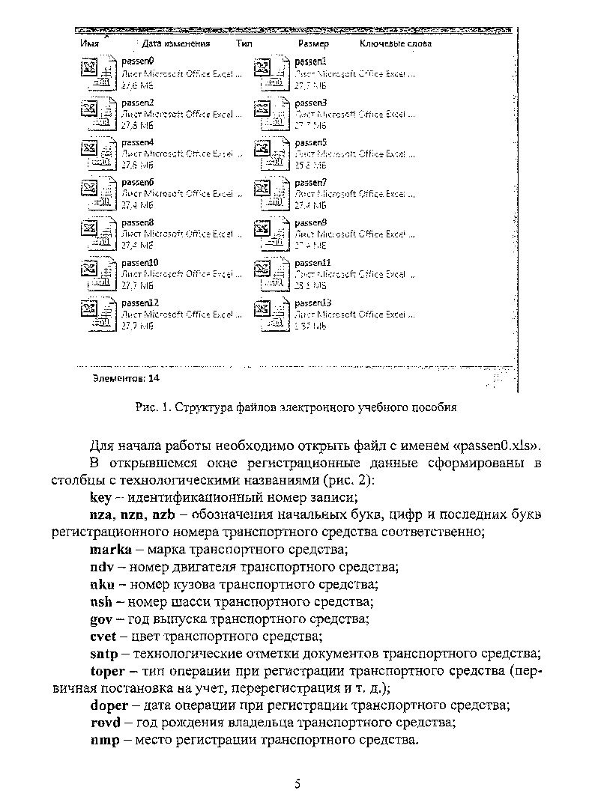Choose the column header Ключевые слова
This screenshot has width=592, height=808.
pyautogui.click(x=396, y=44)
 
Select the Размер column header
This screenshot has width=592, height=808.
pyautogui.click(x=313, y=44)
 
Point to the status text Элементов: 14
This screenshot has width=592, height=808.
pyautogui.click(x=125, y=378)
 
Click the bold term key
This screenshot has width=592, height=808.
pyautogui.click(x=100, y=496)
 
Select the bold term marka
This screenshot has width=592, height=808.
pyautogui.click(x=110, y=549)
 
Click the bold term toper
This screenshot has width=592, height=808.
pyautogui.click(x=109, y=670)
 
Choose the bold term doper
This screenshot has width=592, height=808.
pyautogui.click(x=109, y=705)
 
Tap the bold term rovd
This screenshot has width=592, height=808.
pyautogui.click(x=106, y=723)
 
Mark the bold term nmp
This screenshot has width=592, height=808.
pyautogui.click(x=105, y=741)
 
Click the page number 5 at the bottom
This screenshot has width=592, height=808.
pyautogui.click(x=297, y=784)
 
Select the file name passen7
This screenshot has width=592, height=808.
pyautogui.click(x=311, y=182)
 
